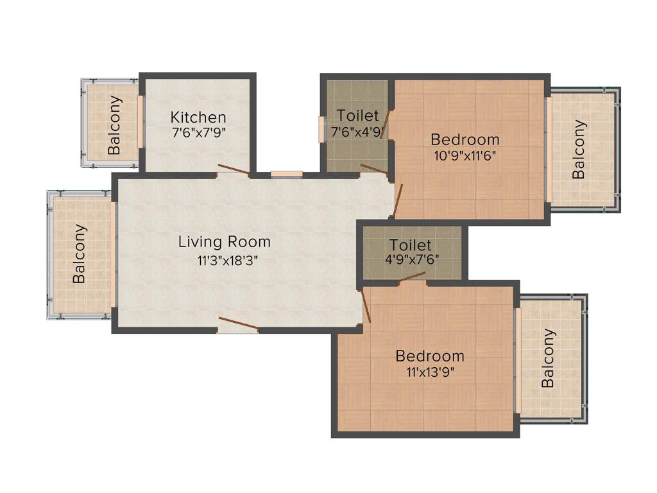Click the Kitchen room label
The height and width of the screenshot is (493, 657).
198,117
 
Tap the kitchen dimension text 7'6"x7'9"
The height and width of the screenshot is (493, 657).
198,133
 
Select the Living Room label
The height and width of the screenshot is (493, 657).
225,242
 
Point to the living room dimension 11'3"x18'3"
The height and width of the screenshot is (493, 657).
225,260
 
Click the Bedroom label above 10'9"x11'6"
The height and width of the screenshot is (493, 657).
465,139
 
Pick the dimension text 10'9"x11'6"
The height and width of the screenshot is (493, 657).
465,155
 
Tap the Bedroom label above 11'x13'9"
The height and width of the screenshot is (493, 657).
430,356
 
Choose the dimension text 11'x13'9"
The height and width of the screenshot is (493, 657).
430,372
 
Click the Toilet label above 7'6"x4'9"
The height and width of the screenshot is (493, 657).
358,116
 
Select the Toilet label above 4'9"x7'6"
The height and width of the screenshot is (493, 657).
411,245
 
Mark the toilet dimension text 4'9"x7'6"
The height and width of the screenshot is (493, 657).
411,261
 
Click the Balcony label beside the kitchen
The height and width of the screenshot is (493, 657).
114,125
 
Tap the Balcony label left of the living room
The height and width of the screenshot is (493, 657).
80,254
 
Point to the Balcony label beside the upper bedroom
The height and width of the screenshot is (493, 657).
579,149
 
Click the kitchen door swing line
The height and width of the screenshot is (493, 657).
234,169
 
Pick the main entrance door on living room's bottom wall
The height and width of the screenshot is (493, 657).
239,325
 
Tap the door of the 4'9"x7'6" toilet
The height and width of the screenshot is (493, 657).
412,277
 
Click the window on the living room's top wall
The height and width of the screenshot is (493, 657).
286,174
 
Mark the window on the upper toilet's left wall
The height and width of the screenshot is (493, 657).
321,129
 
